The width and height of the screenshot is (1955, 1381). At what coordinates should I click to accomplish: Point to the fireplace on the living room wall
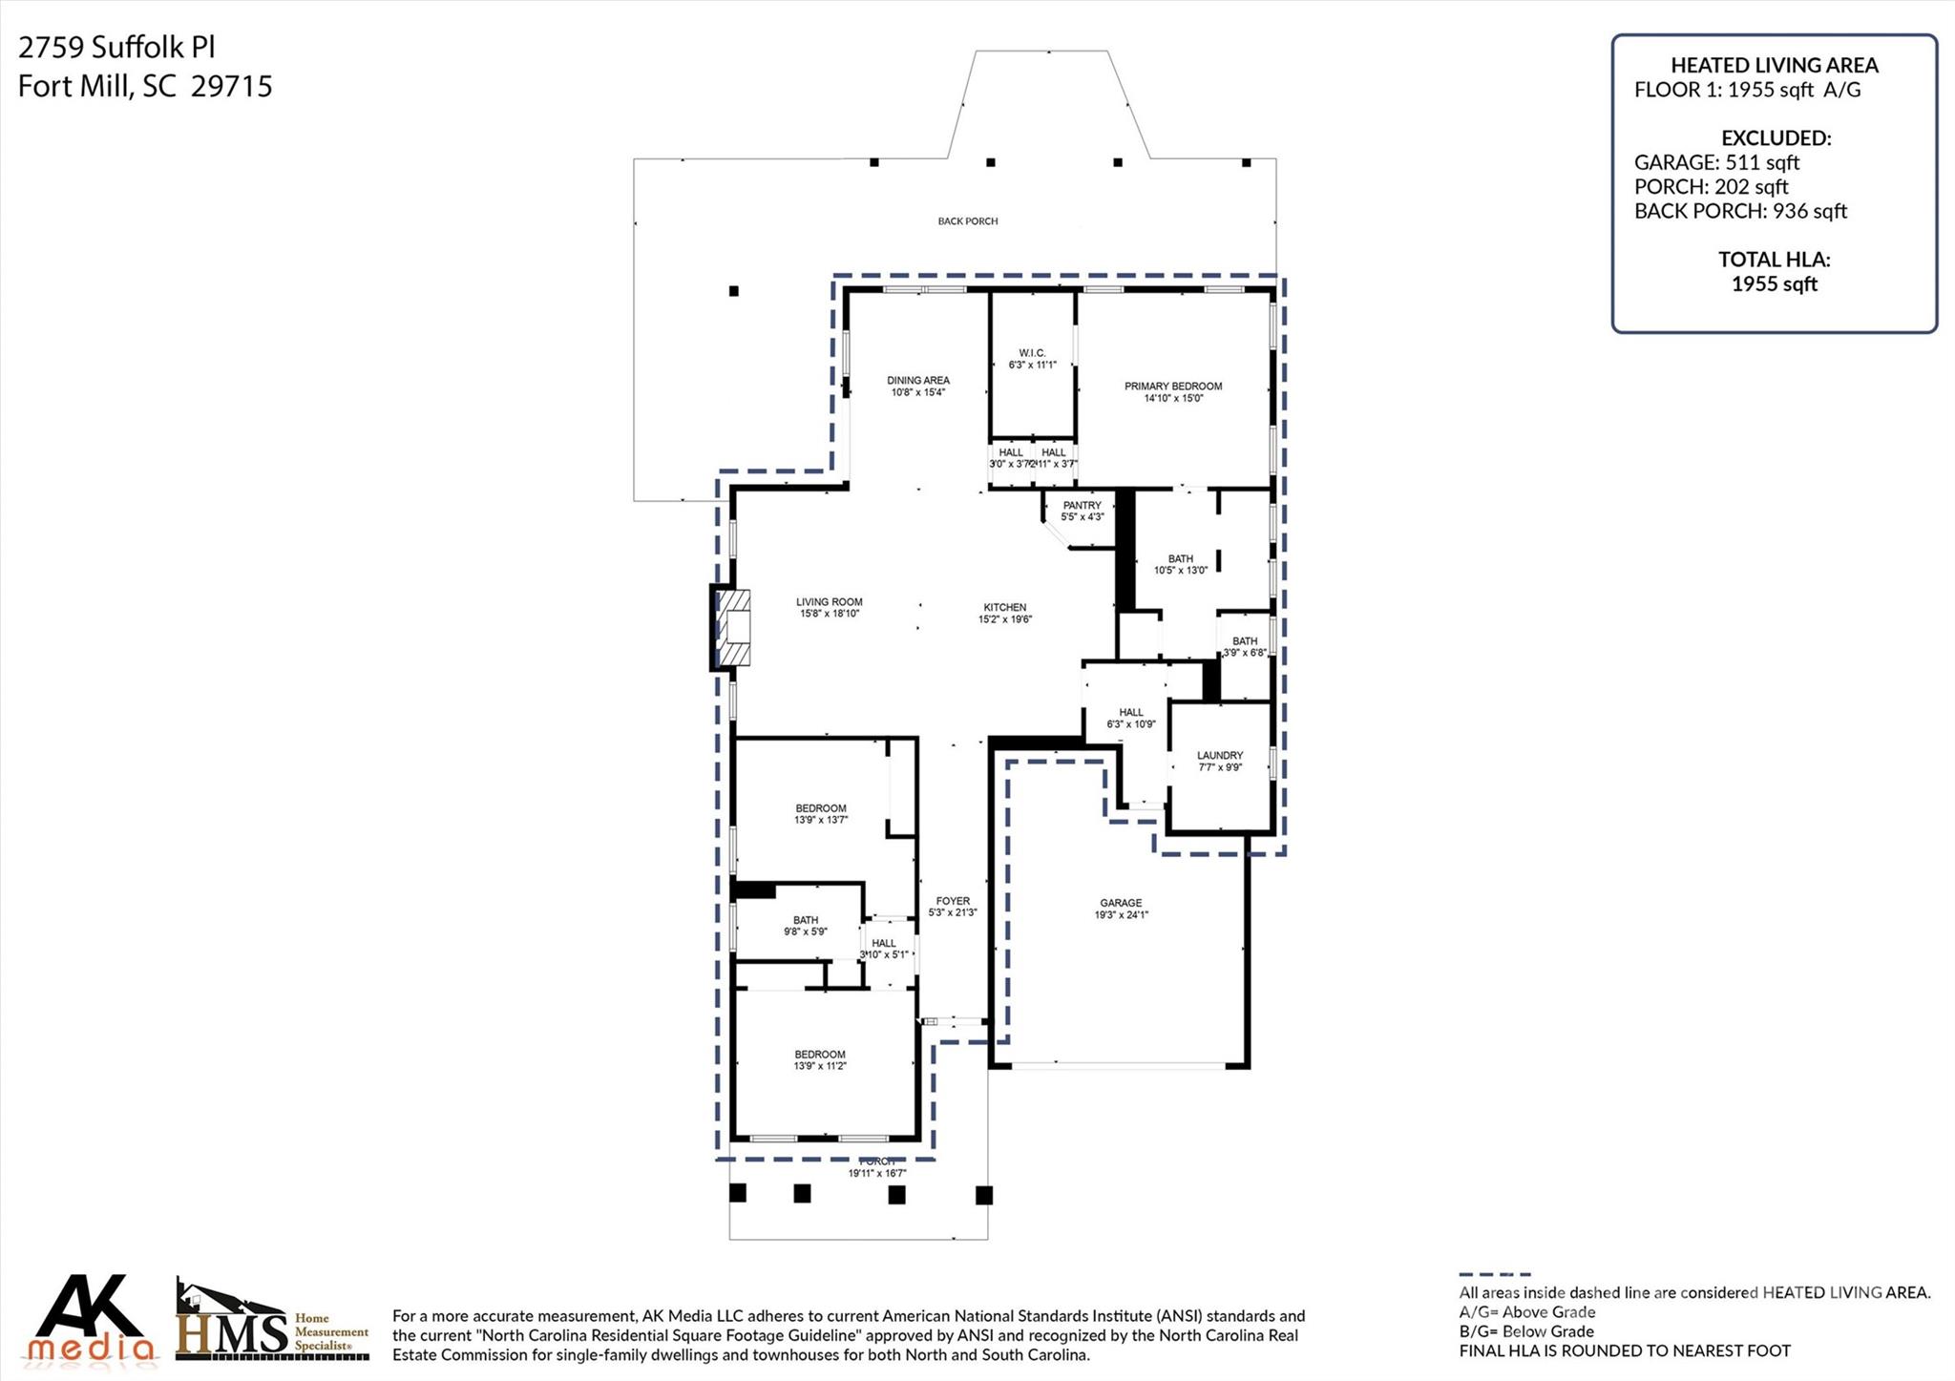click(x=732, y=627)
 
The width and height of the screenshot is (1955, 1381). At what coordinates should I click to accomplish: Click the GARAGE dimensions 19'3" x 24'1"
click(x=1121, y=914)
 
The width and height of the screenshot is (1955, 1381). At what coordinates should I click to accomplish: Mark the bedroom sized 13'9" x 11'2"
click(x=820, y=1059)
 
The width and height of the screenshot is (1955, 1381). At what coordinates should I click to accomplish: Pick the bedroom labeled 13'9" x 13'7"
click(x=820, y=813)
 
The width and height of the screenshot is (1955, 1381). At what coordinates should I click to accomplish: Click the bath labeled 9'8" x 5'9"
click(x=805, y=925)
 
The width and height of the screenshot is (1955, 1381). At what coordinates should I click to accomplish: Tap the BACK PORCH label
click(x=967, y=221)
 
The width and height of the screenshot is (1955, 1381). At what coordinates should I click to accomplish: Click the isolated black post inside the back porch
click(x=733, y=291)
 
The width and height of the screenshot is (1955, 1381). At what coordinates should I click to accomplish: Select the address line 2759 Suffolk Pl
click(x=116, y=48)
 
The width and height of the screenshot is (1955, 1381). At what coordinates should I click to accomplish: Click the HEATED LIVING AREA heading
click(x=1774, y=65)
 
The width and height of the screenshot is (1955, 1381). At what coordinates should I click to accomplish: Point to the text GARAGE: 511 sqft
click(x=1715, y=162)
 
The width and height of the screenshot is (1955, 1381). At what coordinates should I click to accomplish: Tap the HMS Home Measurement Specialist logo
click(x=272, y=1322)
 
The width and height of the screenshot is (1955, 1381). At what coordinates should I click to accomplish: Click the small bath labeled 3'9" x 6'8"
click(x=1244, y=646)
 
